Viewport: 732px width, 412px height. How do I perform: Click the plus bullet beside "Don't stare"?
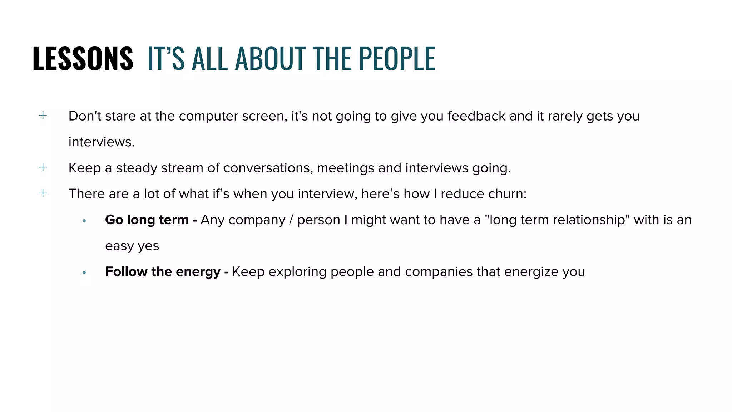tap(43, 115)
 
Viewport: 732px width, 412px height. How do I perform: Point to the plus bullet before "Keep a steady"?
tap(43, 167)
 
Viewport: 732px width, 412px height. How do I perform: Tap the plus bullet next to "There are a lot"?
tap(43, 193)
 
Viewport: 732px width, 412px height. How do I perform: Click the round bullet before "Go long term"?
tap(84, 221)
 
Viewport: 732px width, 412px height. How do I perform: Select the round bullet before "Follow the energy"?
tap(84, 273)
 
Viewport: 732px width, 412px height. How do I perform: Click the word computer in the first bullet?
tap(208, 116)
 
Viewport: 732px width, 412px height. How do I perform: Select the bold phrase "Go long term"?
tap(147, 220)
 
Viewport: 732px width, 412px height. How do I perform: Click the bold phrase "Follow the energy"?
tap(163, 272)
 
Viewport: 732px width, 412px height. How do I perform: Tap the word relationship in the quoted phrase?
tap(584, 220)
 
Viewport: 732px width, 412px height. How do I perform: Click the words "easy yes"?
tap(132, 246)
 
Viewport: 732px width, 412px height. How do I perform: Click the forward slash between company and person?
tap(291, 220)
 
